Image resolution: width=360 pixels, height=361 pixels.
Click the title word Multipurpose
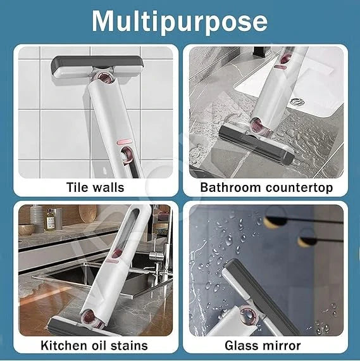[180, 21]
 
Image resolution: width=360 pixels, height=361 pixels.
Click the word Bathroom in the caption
[230, 187]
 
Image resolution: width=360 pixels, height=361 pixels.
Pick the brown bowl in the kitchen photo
[27, 229]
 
